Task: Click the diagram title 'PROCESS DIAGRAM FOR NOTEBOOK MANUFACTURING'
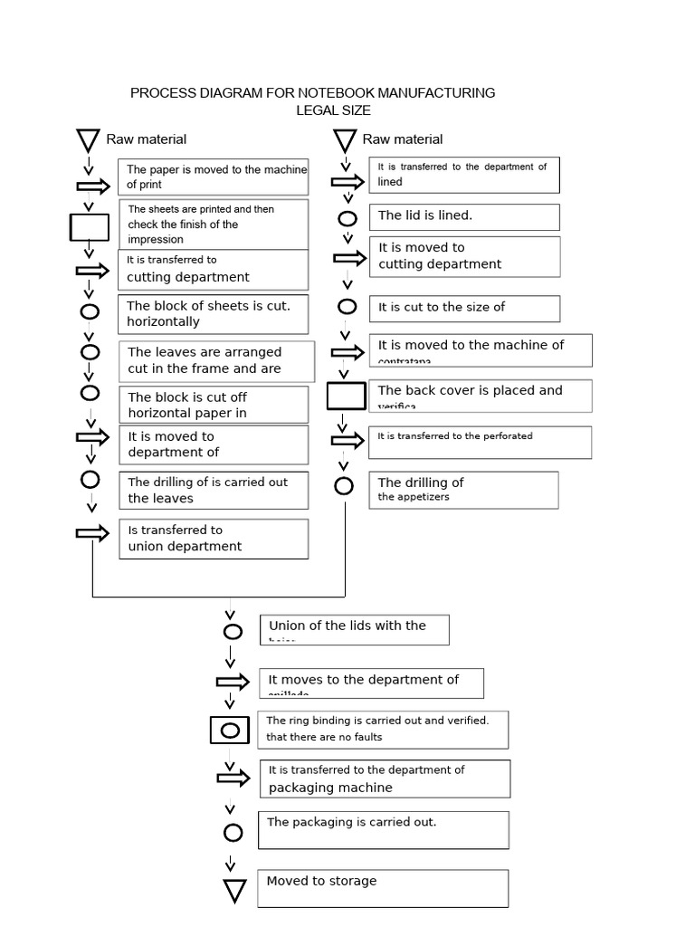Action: (x=312, y=92)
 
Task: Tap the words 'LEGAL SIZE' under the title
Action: (x=333, y=110)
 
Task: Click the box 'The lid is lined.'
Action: (x=464, y=216)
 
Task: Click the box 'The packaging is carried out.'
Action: (x=384, y=829)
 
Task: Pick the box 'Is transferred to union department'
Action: (x=213, y=539)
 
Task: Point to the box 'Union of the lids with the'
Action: (x=355, y=630)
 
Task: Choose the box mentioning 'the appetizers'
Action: (x=463, y=490)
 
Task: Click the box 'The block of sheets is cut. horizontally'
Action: (x=213, y=314)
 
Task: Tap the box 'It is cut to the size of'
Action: (x=464, y=308)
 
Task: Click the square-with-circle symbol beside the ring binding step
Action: (x=230, y=730)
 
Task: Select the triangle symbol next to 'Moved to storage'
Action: (x=234, y=892)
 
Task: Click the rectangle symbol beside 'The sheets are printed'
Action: (x=89, y=226)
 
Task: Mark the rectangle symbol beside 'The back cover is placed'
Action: (x=346, y=396)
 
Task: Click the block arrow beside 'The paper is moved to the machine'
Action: (x=92, y=186)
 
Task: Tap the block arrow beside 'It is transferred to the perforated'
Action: (x=347, y=441)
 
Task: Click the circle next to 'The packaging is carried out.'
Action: (x=233, y=833)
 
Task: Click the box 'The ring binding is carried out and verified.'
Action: (x=385, y=730)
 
